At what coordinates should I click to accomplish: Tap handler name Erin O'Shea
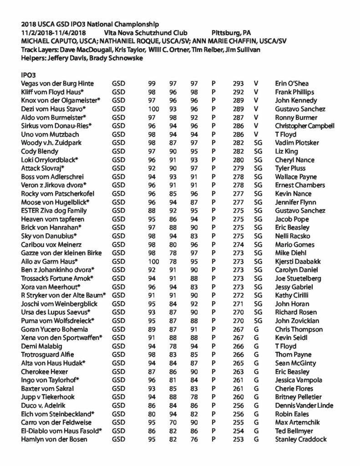tap(292, 83)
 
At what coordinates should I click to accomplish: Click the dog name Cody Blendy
tap(41, 151)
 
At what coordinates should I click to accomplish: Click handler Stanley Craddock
tap(300, 439)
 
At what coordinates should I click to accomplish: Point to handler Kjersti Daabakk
tap(298, 261)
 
